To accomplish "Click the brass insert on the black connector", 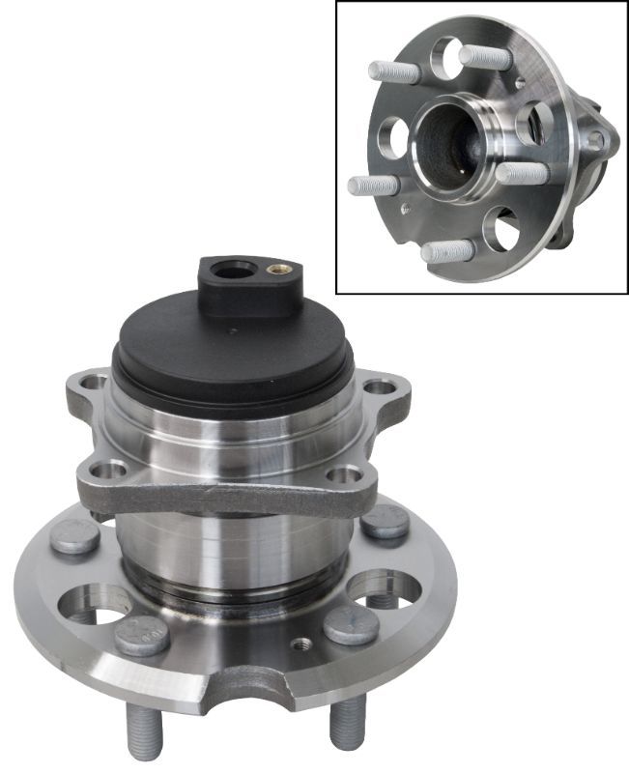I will pyautogui.click(x=279, y=270).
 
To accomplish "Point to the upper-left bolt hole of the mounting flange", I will pyautogui.click(x=93, y=383).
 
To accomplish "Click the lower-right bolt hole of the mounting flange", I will pyautogui.click(x=344, y=474).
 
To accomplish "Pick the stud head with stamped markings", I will pyautogui.click(x=142, y=634).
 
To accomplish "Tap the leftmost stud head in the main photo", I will pyautogui.click(x=75, y=536).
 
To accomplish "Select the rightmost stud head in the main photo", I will pyautogui.click(x=386, y=522).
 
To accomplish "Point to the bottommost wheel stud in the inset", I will pyautogui.click(x=446, y=252).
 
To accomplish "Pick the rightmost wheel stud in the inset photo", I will pyautogui.click(x=524, y=174).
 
